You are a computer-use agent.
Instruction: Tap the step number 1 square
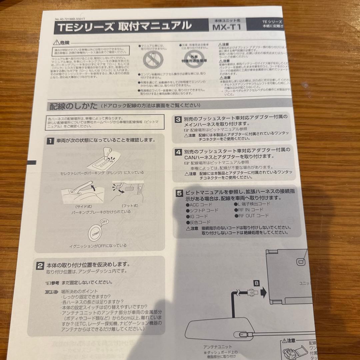pyautogui.click(x=49, y=141)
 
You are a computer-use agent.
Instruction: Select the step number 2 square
pyautogui.click(x=40, y=266)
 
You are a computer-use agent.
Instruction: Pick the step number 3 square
pyautogui.click(x=179, y=119)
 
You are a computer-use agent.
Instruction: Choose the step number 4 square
pyautogui.click(x=179, y=152)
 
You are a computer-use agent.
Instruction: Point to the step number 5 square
pyautogui.click(x=179, y=193)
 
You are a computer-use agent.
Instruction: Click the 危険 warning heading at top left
pyautogui.click(x=62, y=43)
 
